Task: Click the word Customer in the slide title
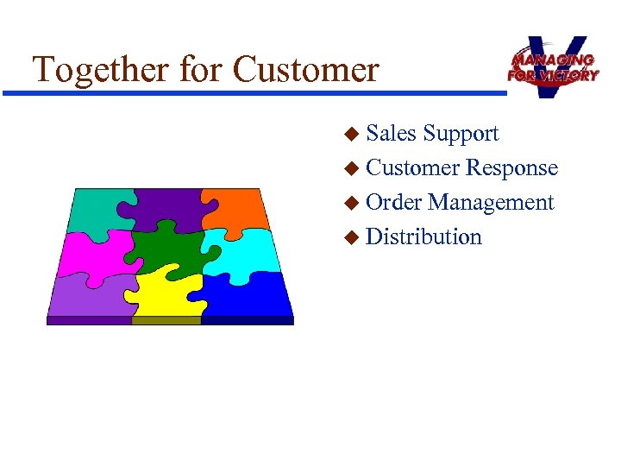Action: tap(306, 69)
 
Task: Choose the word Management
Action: tap(491, 203)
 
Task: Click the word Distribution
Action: tap(423, 236)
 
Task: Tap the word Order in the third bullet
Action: tap(394, 203)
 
